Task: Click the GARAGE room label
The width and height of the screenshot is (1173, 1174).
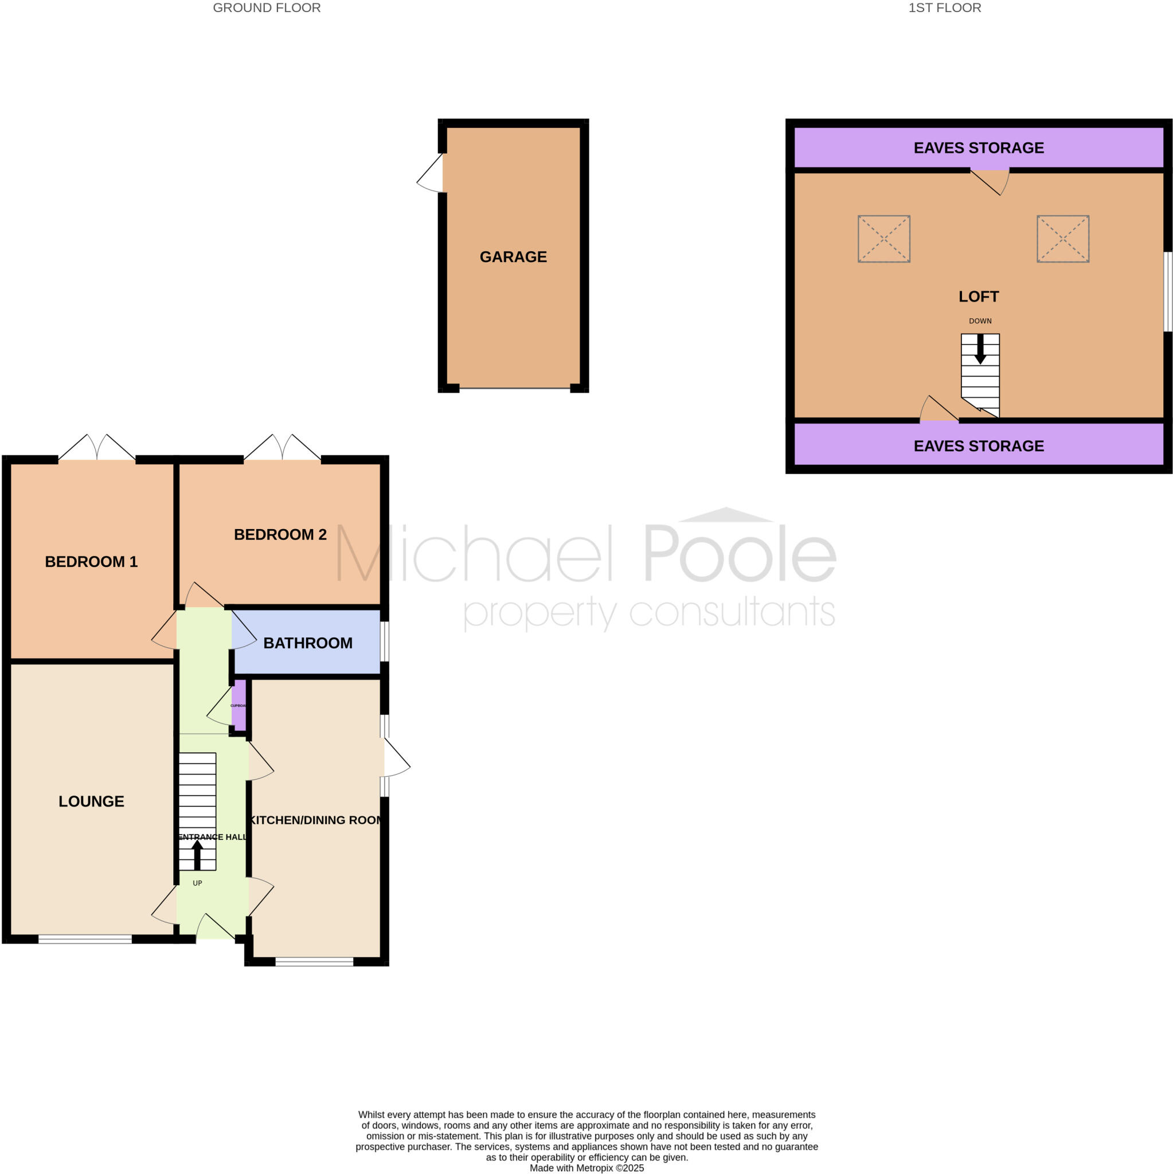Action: [513, 257]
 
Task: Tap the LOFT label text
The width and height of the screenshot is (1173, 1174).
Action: [979, 296]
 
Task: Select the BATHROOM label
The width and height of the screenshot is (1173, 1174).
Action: [307, 643]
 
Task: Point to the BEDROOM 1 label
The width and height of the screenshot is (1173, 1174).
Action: [91, 561]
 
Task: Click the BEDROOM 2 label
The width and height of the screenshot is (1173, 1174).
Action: [280, 535]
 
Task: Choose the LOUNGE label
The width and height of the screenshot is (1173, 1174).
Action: [91, 801]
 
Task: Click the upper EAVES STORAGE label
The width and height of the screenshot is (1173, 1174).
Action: [979, 148]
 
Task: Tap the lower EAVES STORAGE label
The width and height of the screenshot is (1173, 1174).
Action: [979, 446]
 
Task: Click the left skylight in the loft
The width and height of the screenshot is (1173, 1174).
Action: [883, 239]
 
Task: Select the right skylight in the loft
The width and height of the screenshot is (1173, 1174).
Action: [1062, 239]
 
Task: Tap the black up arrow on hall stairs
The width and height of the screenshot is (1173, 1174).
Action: [197, 854]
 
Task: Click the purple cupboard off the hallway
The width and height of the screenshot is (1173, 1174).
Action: [240, 705]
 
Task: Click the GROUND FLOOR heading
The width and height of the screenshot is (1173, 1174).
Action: [266, 8]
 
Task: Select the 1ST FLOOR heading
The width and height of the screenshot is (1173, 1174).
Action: [944, 8]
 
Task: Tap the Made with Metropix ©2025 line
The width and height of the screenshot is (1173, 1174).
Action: [586, 1168]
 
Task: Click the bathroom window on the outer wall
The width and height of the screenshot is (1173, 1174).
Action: [384, 641]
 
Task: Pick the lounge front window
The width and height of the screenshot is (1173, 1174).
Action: [85, 940]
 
